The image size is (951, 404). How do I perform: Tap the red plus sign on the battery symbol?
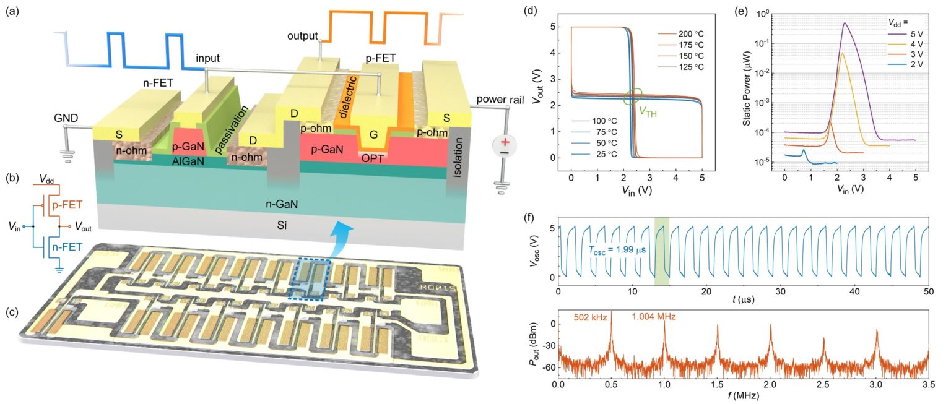(x=505, y=144)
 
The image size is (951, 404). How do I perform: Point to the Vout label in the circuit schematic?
(x=83, y=228)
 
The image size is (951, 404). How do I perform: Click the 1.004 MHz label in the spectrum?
(x=654, y=317)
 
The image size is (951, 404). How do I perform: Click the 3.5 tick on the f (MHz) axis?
(x=928, y=384)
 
